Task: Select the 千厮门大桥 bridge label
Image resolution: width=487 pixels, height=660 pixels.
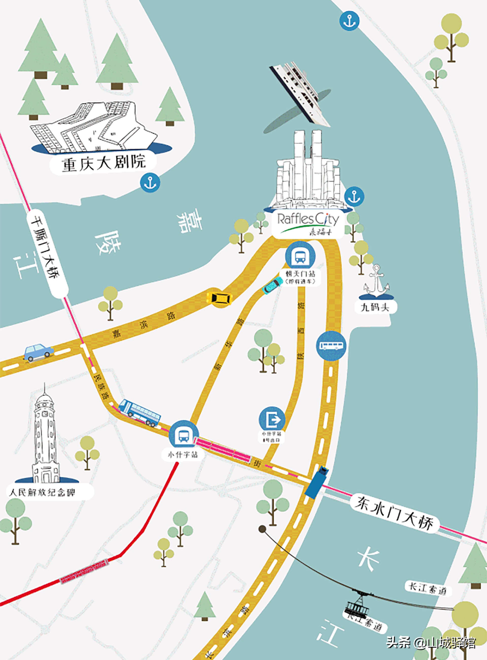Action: tap(47, 254)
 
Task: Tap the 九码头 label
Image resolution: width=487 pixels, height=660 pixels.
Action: tap(375, 308)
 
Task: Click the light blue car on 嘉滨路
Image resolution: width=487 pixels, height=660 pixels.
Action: tap(39, 352)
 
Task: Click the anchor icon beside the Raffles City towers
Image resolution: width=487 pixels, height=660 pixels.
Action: tap(354, 196)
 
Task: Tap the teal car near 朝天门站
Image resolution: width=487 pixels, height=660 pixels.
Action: tap(271, 286)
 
